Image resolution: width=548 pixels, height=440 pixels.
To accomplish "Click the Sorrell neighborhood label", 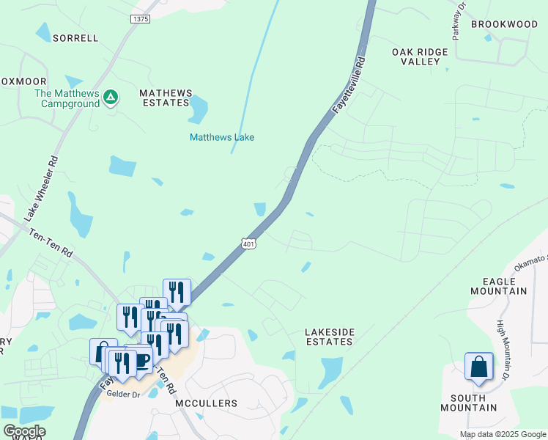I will (75, 37).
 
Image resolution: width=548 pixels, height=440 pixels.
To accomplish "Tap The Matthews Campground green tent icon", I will (110, 97).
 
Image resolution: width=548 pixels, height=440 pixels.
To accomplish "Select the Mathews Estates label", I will (166, 98).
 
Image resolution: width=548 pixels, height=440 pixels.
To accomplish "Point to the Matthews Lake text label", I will (222, 137).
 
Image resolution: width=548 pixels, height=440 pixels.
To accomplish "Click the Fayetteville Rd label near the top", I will (349, 85).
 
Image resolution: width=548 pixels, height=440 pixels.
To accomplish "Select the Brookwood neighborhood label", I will (504, 24).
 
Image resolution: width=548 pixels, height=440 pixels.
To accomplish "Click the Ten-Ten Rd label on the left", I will (51, 242).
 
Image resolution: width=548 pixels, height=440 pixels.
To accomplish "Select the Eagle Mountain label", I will (504, 286).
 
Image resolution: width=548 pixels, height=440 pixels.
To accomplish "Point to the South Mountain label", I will (468, 403).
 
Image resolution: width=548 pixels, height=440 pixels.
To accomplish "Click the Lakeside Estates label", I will (330, 337).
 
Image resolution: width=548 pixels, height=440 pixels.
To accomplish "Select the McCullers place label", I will (207, 403).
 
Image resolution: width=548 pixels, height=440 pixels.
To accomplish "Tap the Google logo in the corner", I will (23, 431).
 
